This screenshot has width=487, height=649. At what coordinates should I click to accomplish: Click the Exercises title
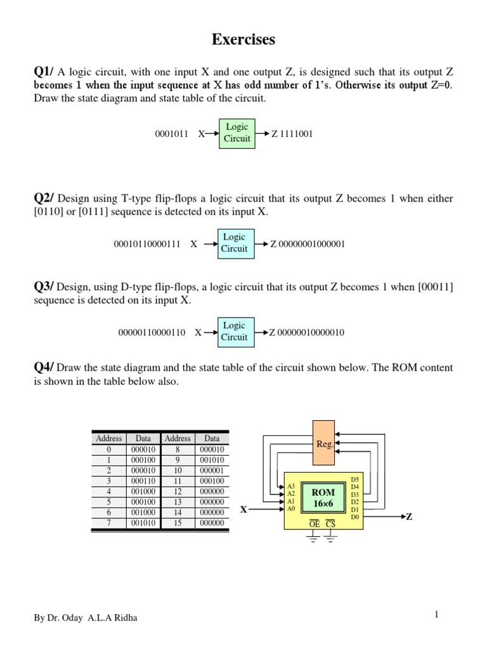tap(243, 40)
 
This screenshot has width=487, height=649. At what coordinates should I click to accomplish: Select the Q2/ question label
tap(44, 198)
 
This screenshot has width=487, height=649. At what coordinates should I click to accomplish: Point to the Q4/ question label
tap(44, 368)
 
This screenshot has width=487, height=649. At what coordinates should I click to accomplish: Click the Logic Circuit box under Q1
tap(237, 132)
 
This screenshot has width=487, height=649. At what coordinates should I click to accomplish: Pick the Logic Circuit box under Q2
tap(234, 243)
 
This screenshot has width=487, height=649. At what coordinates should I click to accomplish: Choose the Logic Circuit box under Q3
tap(234, 331)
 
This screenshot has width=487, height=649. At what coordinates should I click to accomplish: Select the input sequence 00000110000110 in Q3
tap(152, 332)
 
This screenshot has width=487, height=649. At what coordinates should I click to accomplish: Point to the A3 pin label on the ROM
tap(291, 486)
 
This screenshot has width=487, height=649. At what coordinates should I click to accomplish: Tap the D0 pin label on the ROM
tap(354, 517)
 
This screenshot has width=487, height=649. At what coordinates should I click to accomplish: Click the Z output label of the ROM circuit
tap(409, 517)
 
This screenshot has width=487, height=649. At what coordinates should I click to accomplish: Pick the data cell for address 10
tap(212, 471)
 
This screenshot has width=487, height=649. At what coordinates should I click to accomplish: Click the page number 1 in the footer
tap(437, 614)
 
